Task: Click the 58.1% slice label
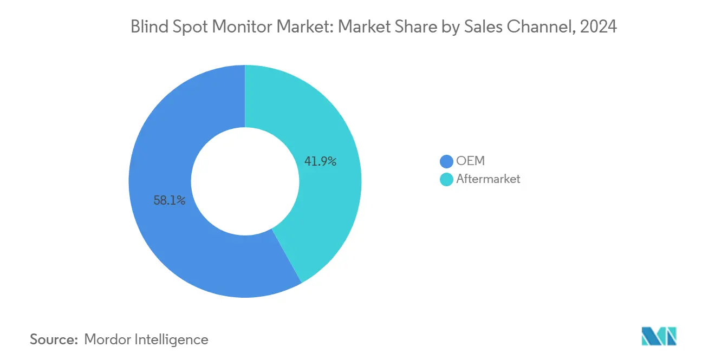(x=170, y=201)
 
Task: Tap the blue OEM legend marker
(x=446, y=161)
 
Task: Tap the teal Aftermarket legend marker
(x=446, y=179)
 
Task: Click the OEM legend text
(x=471, y=161)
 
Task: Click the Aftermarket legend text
(x=488, y=179)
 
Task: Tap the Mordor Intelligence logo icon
(x=659, y=336)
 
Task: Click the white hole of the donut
(x=245, y=181)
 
